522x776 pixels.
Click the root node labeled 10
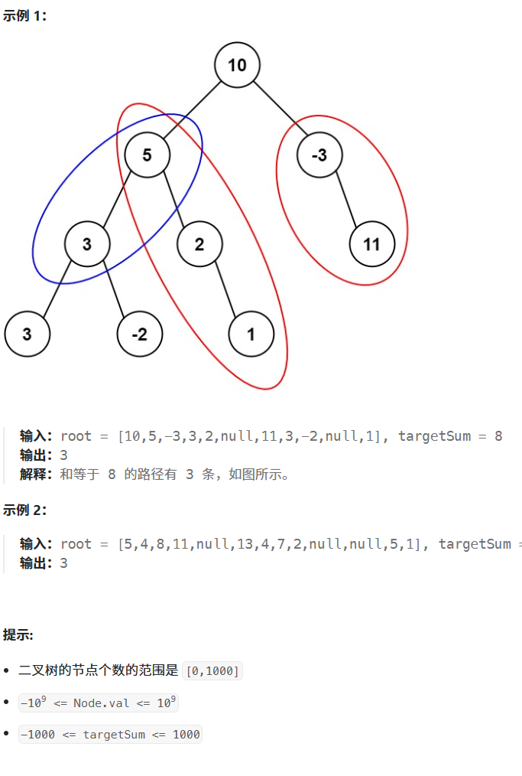tap(237, 65)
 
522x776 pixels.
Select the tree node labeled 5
tap(147, 155)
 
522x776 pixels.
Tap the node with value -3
tap(319, 155)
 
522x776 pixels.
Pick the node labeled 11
tap(371, 245)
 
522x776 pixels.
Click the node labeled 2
tap(199, 245)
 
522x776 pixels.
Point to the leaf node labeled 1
tap(251, 334)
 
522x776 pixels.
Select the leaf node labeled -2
tap(140, 334)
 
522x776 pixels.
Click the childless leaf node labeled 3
tap(28, 334)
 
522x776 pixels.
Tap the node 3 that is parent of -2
tap(87, 245)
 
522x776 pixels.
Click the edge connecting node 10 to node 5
tap(192, 110)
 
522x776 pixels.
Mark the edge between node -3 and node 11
tap(345, 201)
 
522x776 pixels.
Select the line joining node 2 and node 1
tap(225, 290)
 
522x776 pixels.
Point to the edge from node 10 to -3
tap(278, 110)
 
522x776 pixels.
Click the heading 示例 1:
tap(24, 16)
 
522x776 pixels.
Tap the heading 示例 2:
tap(24, 510)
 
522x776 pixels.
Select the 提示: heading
tap(18, 634)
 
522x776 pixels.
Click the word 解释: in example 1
tap(36, 474)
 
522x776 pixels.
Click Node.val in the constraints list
tap(101, 703)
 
